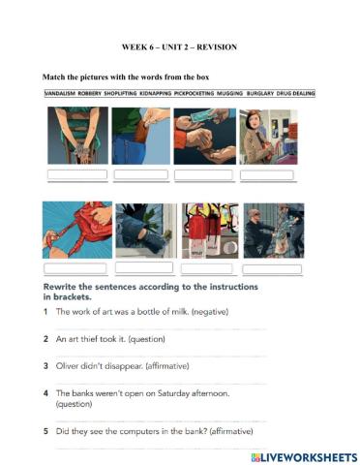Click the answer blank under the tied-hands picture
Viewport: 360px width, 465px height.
click(x=77, y=175)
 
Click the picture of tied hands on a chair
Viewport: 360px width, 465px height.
click(x=77, y=136)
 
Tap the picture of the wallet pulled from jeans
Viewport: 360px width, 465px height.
click(x=140, y=136)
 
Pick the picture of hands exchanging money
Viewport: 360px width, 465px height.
click(x=204, y=136)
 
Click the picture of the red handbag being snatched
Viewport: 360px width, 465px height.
click(x=76, y=231)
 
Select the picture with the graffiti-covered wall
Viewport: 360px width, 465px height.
click(x=208, y=231)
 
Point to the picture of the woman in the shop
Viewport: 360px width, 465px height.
click(x=268, y=136)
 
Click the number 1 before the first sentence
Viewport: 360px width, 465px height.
click(x=45, y=312)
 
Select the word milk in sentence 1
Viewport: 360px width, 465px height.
click(x=172, y=312)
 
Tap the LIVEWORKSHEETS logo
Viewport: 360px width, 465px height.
click(x=304, y=455)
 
